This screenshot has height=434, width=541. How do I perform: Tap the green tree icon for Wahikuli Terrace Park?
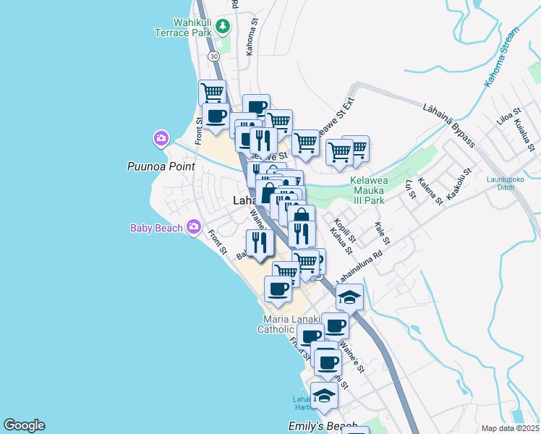tap(223, 27)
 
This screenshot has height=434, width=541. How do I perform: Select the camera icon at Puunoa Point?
tap(161, 137)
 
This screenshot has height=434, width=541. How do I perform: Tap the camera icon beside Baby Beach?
tap(193, 228)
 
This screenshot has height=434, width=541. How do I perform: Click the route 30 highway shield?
tap(213, 56)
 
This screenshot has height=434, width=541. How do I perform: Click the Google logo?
tap(24, 425)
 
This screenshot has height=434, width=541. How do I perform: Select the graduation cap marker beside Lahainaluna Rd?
tap(349, 297)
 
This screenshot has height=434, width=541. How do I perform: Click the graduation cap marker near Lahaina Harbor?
tap(324, 395)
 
